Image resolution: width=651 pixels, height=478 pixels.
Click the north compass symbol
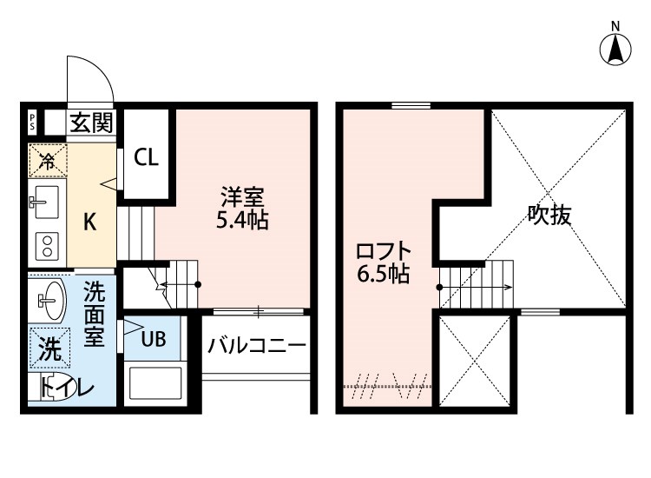point(615,48)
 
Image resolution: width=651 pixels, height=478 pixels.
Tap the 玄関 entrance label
point(91,123)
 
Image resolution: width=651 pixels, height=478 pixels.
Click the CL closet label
point(145,157)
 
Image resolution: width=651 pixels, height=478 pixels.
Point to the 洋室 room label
point(235,196)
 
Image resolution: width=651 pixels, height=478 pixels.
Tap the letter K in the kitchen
point(89,222)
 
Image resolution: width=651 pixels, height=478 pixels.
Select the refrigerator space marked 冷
point(46,161)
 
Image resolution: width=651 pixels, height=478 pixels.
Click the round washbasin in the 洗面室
point(50,302)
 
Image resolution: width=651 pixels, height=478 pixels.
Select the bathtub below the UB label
point(155,383)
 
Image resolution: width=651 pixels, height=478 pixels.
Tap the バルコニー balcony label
point(256,345)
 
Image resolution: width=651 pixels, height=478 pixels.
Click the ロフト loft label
point(383,252)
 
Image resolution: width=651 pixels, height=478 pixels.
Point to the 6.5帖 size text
point(383,276)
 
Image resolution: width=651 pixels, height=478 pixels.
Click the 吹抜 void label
point(549,215)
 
